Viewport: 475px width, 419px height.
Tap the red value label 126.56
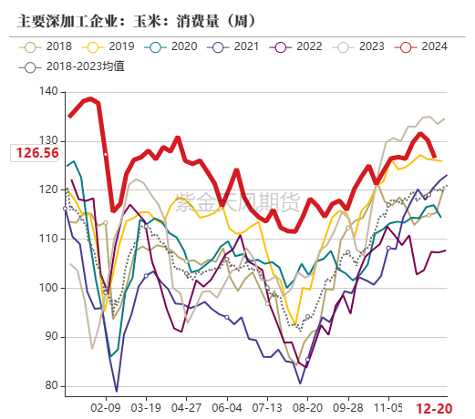(x=37, y=152)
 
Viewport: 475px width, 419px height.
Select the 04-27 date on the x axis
(x=187, y=408)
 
